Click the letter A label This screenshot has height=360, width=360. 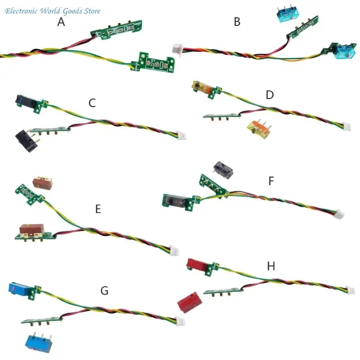pos(61,22)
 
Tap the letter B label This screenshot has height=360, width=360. pos(237,22)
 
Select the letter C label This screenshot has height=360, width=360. pos(92,103)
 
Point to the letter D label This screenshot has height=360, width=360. pos(270,95)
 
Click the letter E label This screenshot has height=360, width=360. pos(98,209)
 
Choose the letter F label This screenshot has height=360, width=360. pos(271,181)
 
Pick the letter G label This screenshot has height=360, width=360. pos(104,290)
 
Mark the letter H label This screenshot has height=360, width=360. pos(271,266)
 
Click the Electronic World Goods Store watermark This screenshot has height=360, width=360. pos(53,11)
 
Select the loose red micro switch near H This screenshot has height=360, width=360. pos(189,302)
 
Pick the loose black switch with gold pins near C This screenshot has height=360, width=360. pos(27,141)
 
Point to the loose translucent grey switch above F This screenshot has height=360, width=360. pos(223,170)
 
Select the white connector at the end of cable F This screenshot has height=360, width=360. pos(339,214)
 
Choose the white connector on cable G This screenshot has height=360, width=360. pos(180,321)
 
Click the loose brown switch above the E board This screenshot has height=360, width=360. pos(43,183)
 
